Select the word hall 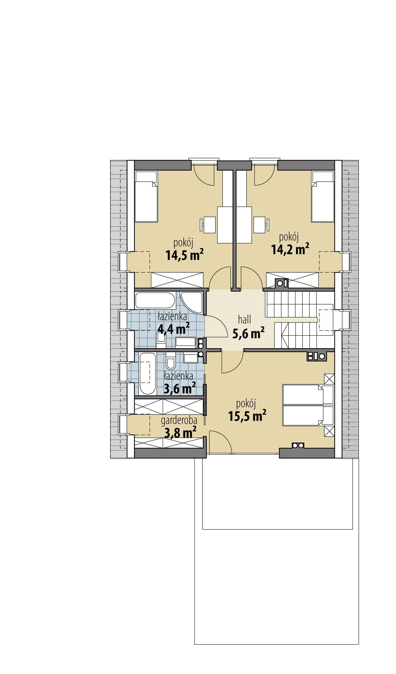pos(244,320)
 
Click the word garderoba pos(179,420)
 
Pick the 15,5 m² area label pos(247,416)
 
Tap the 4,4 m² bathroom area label pos(173,329)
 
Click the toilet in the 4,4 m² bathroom pos(160,341)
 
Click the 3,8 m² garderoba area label pos(180,433)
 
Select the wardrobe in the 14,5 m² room pos(177,279)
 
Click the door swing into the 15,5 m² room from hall pos(232,362)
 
